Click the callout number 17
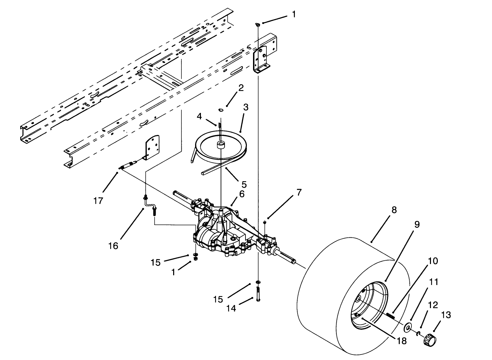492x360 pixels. (98, 201)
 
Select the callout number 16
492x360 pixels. (113, 246)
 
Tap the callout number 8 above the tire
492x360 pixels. (394, 210)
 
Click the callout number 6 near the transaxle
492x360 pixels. (242, 194)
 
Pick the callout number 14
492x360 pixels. (231, 309)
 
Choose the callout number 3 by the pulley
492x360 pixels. (245, 107)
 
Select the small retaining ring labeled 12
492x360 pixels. (419, 333)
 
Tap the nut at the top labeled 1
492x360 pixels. (258, 24)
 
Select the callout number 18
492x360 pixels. (401, 341)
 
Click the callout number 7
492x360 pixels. (299, 193)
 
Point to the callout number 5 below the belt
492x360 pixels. (244, 185)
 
